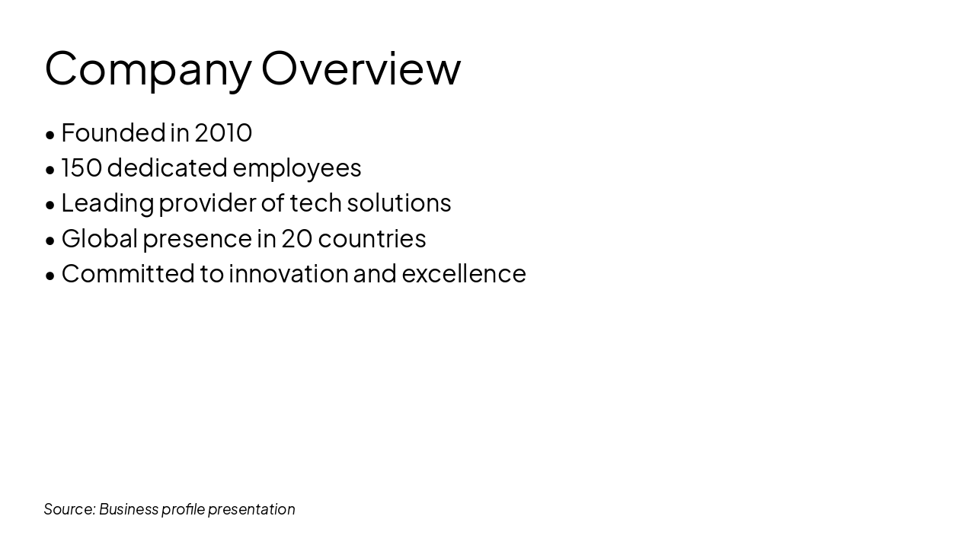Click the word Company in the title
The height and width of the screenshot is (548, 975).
click(x=148, y=68)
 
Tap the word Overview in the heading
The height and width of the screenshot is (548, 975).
click(x=361, y=68)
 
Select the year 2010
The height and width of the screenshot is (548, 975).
click(x=223, y=132)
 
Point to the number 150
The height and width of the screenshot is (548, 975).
click(x=82, y=167)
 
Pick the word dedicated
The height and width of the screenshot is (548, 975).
click(x=168, y=167)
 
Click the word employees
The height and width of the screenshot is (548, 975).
click(x=297, y=167)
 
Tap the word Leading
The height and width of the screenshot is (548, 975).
click(x=107, y=203)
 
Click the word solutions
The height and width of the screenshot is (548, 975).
click(x=399, y=203)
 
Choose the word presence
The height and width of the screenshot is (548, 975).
click(x=197, y=238)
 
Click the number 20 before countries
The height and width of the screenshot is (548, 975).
click(x=297, y=238)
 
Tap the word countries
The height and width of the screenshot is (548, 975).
click(x=372, y=238)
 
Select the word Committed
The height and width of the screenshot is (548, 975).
click(x=128, y=273)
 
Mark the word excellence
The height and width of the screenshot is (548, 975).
click(x=464, y=273)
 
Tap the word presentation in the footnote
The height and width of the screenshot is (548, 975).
click(x=251, y=509)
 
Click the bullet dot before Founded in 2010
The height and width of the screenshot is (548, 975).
click(x=50, y=135)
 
